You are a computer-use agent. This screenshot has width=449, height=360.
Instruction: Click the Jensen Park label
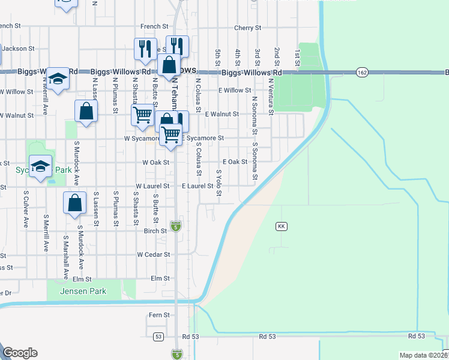[x=83, y=292]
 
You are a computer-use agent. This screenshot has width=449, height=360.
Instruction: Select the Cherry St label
[x=247, y=28]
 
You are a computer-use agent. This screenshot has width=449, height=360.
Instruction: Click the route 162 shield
[x=361, y=73]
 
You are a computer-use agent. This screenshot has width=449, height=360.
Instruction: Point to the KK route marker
[x=281, y=226]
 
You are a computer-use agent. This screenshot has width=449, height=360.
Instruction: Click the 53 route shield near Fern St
[x=158, y=337]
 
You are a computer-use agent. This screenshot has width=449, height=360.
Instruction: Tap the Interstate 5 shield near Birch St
[x=175, y=226]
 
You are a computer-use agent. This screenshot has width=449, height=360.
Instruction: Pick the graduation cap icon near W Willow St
[x=58, y=79]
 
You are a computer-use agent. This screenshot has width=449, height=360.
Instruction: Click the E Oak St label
[x=235, y=162]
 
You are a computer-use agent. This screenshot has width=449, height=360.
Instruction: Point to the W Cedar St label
[x=153, y=254]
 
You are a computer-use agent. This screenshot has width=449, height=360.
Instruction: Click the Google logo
[x=20, y=353]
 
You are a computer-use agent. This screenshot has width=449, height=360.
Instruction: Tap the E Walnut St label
[x=221, y=113]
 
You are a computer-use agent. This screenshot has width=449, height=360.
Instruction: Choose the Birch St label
[x=155, y=230]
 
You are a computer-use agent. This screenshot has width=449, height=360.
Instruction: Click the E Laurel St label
[x=197, y=187]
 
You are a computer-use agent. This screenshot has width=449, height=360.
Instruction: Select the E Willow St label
[x=234, y=90]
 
